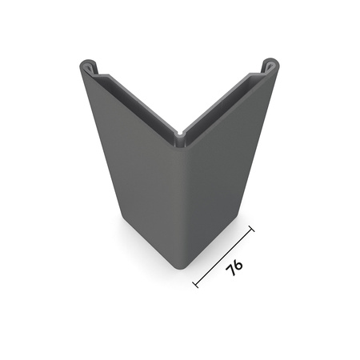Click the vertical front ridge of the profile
(180, 200)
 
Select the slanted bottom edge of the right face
(214, 242)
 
